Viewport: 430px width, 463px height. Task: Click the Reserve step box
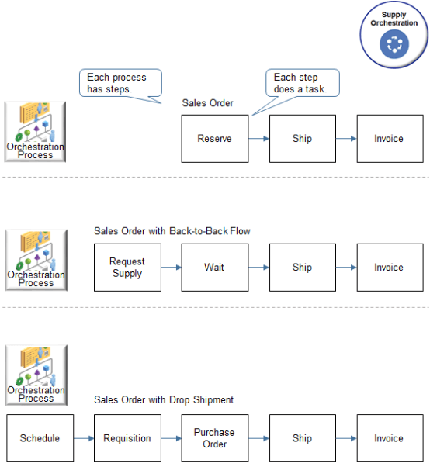point(215,139)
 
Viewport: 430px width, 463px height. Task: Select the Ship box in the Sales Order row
point(303,139)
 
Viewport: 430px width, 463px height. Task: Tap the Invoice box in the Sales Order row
point(390,139)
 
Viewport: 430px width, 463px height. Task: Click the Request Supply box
point(127,268)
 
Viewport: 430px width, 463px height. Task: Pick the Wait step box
point(215,268)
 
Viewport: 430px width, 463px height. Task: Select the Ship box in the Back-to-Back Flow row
point(303,268)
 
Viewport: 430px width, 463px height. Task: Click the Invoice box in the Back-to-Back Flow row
point(390,268)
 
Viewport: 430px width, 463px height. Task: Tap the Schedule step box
point(40,438)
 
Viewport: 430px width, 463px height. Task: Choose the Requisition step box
point(127,438)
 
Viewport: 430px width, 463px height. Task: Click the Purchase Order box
point(215,438)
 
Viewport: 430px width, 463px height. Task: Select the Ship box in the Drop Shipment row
point(303,438)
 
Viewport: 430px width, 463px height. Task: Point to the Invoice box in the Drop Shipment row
point(390,438)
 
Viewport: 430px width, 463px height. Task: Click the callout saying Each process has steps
point(120,83)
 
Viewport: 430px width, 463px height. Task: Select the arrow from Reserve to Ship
point(259,139)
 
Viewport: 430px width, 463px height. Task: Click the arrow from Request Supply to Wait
point(172,268)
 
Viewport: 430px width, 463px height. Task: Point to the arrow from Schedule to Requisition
point(84,438)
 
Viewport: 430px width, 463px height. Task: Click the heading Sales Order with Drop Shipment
point(164,400)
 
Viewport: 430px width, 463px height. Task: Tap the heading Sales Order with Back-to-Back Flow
point(172,230)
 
